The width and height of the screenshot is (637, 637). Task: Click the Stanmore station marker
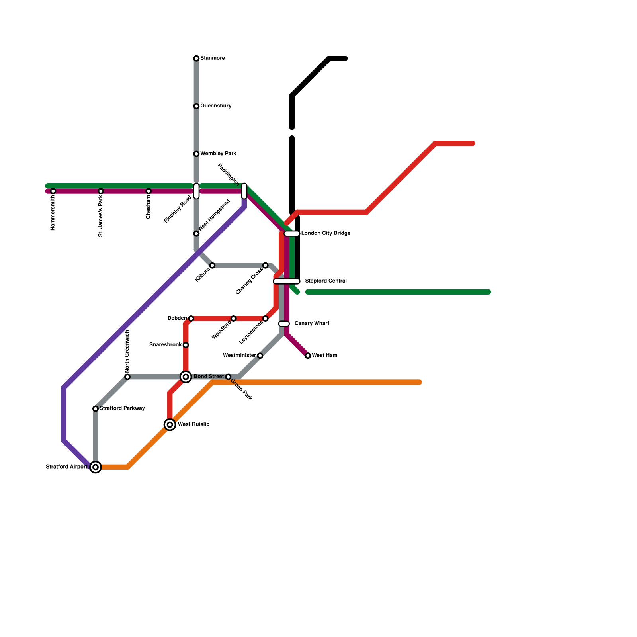tap(196, 59)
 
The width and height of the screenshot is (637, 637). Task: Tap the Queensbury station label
tap(216, 106)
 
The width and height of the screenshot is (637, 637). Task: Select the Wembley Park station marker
tap(196, 154)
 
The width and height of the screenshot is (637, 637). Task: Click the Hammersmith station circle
tap(53, 191)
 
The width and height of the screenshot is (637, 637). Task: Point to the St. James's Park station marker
tap(101, 191)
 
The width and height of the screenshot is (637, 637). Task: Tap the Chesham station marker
tap(149, 191)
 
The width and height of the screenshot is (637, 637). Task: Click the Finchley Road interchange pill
tap(196, 191)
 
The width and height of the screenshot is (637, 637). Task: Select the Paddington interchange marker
tap(244, 191)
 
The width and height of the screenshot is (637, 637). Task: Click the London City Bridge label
tap(326, 233)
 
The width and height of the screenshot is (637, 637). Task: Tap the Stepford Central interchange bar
tap(287, 281)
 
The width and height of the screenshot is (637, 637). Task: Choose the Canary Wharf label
tap(312, 323)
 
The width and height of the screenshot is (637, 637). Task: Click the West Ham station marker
tap(308, 356)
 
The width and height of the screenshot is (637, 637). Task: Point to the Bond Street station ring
tap(186, 377)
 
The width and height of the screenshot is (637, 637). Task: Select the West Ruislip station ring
tap(170, 425)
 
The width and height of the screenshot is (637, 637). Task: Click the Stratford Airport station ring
tap(96, 467)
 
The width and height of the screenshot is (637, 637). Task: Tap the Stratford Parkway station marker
tap(96, 409)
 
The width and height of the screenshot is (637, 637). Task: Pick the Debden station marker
tap(191, 318)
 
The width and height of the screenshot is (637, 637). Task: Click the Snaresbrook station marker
tap(186, 345)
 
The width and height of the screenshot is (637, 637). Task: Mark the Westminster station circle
tap(260, 356)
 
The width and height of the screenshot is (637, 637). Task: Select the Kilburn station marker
tap(212, 266)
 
